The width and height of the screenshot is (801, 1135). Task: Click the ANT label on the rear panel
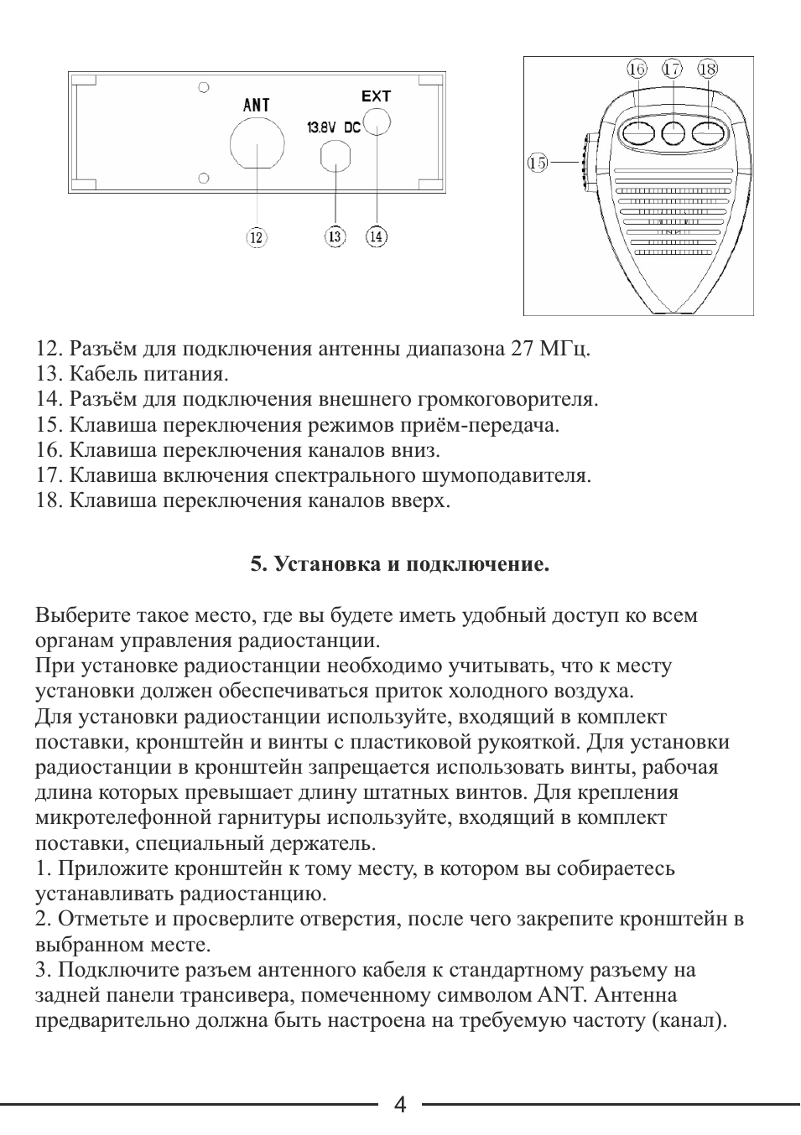pos(256,105)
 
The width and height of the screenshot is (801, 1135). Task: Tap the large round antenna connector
pos(256,143)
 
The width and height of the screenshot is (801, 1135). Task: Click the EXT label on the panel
pos(376,96)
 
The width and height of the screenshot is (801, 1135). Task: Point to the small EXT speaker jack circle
pos(377,122)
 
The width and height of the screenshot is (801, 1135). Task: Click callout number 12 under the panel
pos(256,237)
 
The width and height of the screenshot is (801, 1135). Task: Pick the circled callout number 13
pos(335,236)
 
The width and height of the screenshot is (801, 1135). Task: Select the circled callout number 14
pos(377,236)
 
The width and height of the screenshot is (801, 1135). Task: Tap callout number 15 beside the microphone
pos(538,162)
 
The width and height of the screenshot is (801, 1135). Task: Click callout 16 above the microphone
pos(637,69)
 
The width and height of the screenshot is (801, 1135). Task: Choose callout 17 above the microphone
pos(672,69)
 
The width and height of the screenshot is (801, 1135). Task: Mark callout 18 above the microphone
pos(707,69)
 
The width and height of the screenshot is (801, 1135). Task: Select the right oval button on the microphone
pos(707,132)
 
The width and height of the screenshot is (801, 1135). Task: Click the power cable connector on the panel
pos(335,155)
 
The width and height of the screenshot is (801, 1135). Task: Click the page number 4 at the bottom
pos(400,1106)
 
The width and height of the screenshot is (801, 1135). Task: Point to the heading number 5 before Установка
pos(257,564)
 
